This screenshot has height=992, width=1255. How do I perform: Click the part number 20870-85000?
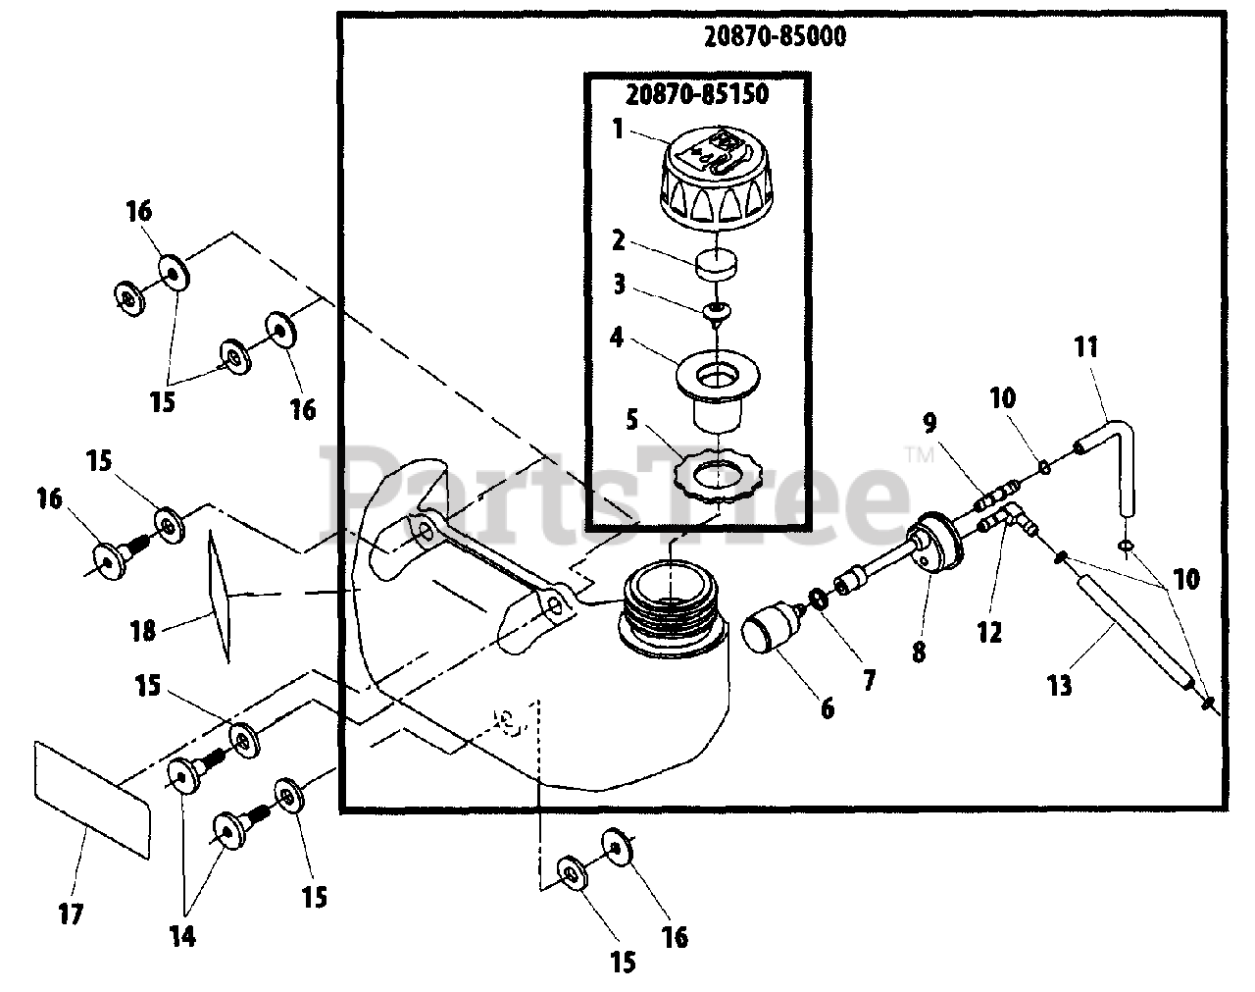click(775, 36)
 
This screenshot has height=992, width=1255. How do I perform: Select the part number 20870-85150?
click(697, 95)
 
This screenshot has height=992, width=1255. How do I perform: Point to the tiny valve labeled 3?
click(717, 312)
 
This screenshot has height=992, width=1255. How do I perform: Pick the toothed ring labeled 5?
click(717, 480)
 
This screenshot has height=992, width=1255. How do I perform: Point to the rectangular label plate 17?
click(93, 800)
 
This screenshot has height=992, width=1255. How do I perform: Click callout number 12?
click(989, 632)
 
